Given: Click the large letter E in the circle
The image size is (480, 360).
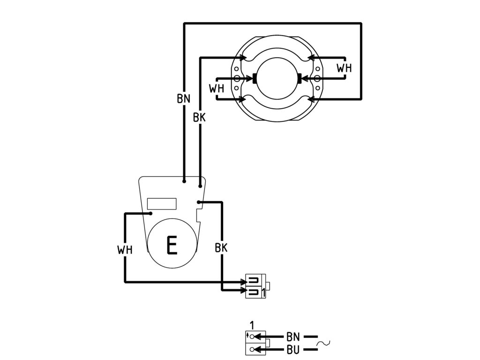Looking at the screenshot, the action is (x=172, y=245).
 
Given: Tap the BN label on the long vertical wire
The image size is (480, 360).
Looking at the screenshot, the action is (x=184, y=98).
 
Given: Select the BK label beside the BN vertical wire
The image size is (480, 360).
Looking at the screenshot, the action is (x=199, y=117).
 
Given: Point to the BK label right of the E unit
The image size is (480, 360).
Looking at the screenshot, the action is (x=221, y=247).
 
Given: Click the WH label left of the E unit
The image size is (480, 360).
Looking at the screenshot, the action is (x=125, y=249).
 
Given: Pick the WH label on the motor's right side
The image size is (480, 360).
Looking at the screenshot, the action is (x=344, y=68).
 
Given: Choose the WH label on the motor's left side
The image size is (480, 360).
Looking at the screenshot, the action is (x=217, y=89).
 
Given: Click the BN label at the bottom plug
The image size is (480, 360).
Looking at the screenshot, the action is (x=293, y=337).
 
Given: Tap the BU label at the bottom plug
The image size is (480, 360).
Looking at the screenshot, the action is (x=293, y=349).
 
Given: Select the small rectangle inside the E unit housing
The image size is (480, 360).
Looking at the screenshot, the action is (x=162, y=203).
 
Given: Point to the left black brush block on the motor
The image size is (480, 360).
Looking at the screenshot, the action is (x=255, y=78).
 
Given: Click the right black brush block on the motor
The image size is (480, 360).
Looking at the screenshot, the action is (x=300, y=78).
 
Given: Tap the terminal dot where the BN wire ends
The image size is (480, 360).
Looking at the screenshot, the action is (x=184, y=181).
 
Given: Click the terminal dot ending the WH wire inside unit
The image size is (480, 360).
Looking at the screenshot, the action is (x=151, y=213).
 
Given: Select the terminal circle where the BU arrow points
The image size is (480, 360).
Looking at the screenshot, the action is (x=252, y=349).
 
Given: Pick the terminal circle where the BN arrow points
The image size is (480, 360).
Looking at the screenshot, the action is (x=252, y=337).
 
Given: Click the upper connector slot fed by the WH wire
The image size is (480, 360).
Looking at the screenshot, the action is (x=255, y=280).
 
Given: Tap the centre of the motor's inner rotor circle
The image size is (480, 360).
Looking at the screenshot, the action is (x=277, y=78).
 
